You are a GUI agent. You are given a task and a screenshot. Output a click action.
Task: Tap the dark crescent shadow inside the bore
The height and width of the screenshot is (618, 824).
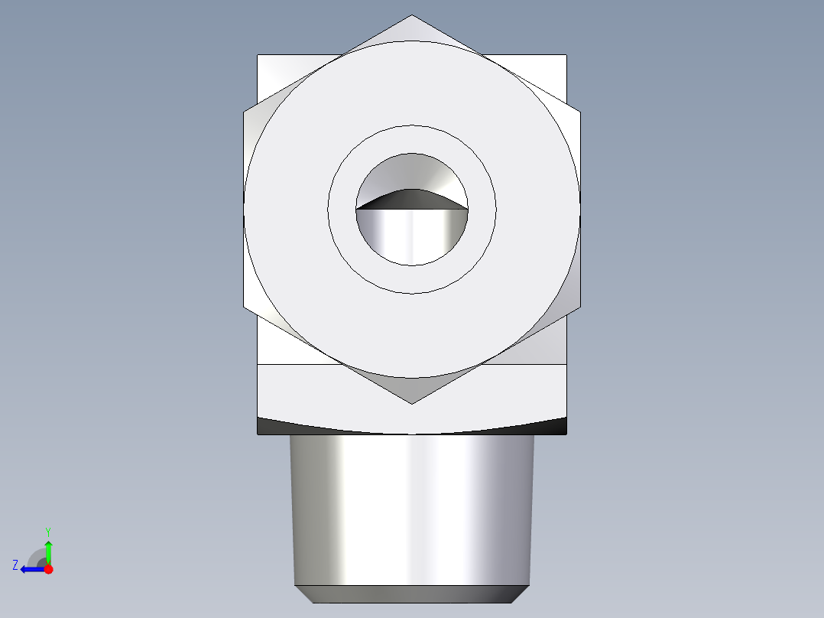(411, 199)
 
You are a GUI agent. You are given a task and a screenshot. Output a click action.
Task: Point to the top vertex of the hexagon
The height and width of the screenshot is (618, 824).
(412, 15)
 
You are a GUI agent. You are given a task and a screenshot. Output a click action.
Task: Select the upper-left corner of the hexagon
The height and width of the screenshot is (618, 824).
(244, 112)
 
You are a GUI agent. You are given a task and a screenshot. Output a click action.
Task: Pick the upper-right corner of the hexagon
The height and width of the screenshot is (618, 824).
(579, 112)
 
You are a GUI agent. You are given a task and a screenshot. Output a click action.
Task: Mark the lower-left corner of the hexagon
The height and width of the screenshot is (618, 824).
(244, 307)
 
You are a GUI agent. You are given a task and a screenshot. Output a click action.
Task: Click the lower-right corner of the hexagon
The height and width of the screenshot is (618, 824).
(579, 307)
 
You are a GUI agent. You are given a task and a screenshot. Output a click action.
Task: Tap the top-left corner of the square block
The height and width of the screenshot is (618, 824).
(258, 55)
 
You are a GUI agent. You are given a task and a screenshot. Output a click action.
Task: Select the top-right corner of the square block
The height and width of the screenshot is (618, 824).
(566, 55)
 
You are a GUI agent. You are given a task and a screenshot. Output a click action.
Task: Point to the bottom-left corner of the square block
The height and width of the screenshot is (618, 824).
(258, 434)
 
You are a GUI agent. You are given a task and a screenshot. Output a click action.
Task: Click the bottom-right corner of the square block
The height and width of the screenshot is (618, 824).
(566, 434)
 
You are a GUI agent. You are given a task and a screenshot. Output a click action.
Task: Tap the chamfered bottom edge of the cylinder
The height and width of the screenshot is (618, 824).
(411, 594)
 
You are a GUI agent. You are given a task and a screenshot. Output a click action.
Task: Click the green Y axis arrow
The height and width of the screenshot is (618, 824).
(48, 550)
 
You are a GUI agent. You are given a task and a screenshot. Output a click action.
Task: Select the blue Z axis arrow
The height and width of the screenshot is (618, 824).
(31, 569)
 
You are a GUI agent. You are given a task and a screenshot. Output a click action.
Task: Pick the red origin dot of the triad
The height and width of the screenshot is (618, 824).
(48, 569)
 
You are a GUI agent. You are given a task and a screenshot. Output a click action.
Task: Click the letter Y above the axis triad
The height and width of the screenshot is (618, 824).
(47, 531)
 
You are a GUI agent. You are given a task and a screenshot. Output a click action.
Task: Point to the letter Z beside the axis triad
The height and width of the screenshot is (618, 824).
(15, 565)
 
